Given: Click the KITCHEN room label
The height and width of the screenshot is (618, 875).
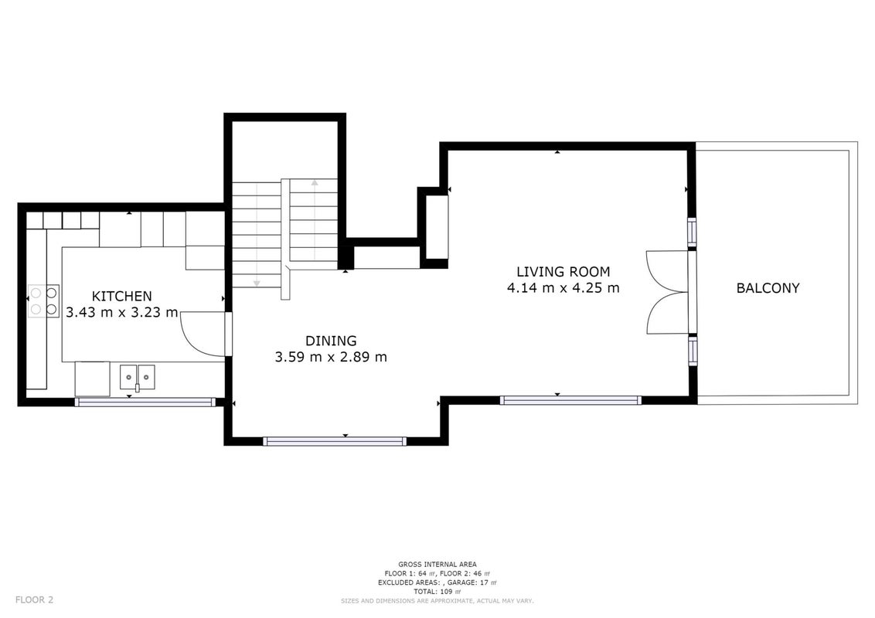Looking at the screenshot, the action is [x=121, y=296].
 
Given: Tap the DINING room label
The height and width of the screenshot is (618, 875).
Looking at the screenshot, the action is [x=331, y=340].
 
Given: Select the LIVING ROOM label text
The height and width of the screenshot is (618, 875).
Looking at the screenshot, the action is [x=563, y=272].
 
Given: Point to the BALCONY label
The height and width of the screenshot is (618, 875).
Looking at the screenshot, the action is [x=768, y=288].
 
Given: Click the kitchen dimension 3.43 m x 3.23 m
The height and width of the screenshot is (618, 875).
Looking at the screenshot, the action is [x=121, y=312].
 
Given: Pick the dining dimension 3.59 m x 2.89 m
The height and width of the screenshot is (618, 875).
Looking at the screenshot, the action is [x=331, y=356].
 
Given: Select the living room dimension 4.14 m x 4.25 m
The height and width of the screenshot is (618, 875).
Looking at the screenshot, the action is [x=563, y=288].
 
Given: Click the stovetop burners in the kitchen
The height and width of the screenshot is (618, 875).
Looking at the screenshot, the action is [x=43, y=301].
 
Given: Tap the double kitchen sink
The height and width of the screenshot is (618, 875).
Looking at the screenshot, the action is [x=138, y=377].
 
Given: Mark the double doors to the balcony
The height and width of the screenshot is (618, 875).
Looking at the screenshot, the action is [x=667, y=292].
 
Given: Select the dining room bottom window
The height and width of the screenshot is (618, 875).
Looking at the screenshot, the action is [x=335, y=441].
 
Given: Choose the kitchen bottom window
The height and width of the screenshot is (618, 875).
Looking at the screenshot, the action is [x=145, y=402].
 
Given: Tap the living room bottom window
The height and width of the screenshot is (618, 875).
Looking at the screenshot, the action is [x=570, y=400].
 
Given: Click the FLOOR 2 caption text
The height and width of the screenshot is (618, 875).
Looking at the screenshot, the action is [x=34, y=600].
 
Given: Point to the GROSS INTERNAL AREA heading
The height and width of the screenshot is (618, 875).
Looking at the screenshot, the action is [x=438, y=565].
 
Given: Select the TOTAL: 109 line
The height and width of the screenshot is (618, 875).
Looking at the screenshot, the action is [x=438, y=591].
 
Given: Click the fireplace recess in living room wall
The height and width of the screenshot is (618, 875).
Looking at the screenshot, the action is [x=438, y=227].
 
